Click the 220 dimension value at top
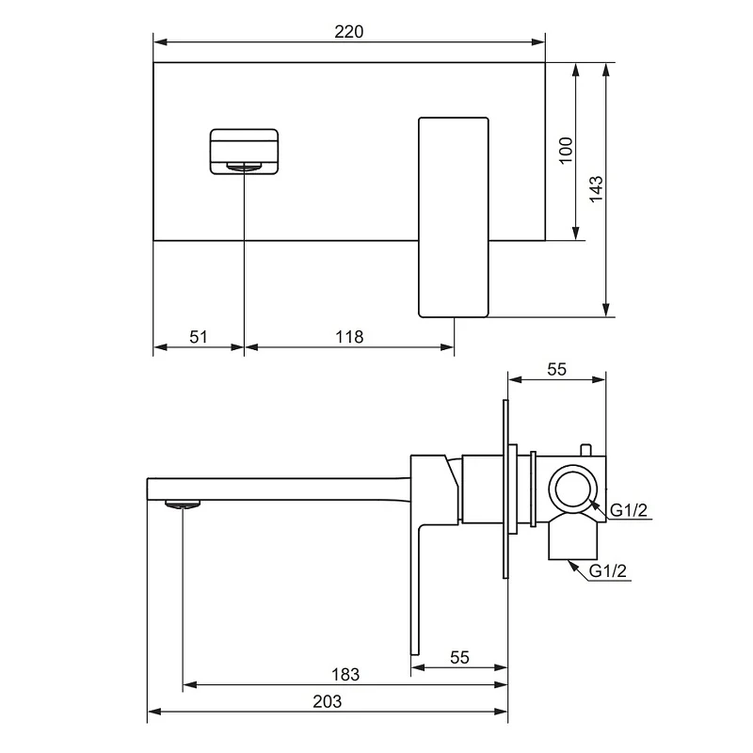pyautogui.click(x=348, y=32)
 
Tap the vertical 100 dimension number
pyautogui.click(x=567, y=151)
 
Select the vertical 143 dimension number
pyautogui.click(x=596, y=189)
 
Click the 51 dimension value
pyautogui.click(x=199, y=337)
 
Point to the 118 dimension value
pyautogui.click(x=349, y=337)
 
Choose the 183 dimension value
pyautogui.click(x=345, y=675)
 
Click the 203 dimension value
pyautogui.click(x=327, y=701)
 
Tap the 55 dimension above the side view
pyautogui.click(x=556, y=369)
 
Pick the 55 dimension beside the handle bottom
pyautogui.click(x=459, y=657)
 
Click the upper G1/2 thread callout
pyautogui.click(x=629, y=510)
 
